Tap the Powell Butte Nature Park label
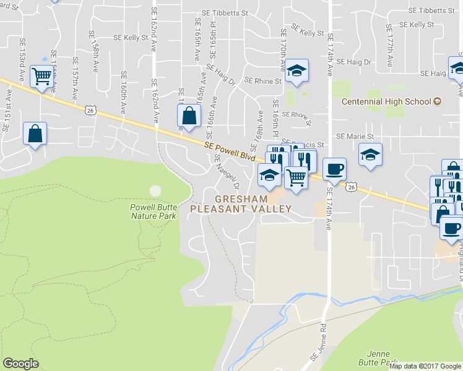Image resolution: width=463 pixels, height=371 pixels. (x=153, y=211)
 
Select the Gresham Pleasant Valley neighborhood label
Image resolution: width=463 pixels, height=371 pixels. (x=241, y=204)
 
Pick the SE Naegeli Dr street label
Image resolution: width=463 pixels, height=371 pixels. (x=227, y=171)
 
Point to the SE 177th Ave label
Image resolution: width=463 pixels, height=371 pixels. (x=389, y=46)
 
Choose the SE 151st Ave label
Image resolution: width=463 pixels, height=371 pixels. (x=9, y=105)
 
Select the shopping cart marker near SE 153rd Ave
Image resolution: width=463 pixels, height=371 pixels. (x=42, y=77)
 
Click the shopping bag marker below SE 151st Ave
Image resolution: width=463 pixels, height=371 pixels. (x=35, y=133)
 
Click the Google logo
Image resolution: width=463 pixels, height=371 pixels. (x=20, y=364)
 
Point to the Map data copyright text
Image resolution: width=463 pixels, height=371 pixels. (x=425, y=366)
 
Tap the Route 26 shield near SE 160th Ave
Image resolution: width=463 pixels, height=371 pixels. (x=90, y=110)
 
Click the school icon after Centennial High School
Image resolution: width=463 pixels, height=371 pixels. (x=438, y=101)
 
